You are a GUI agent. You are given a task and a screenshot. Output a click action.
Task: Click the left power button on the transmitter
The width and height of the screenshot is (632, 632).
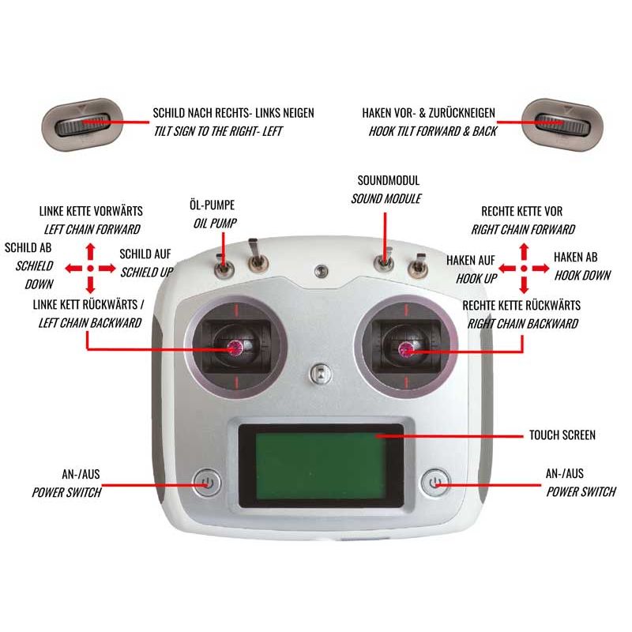[206, 481]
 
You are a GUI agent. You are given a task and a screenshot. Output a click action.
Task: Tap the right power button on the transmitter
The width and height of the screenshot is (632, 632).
[433, 481]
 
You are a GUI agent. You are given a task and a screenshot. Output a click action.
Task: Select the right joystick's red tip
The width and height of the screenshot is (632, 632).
[406, 348]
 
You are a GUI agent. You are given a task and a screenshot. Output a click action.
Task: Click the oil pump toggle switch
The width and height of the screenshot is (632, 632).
[224, 266]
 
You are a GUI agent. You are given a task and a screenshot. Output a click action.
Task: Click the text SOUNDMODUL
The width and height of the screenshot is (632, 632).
[388, 181]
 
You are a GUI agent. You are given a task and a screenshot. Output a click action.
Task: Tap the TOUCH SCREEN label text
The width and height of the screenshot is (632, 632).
[562, 435]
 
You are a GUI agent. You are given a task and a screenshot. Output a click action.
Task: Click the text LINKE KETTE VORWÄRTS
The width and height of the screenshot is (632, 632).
[91, 212]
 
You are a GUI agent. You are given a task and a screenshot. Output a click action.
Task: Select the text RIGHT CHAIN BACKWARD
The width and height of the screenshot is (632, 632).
[522, 323]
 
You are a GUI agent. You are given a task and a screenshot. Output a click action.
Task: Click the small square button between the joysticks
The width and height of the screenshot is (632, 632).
[318, 371]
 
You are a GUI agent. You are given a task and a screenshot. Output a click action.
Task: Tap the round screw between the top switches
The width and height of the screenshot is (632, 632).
[319, 271]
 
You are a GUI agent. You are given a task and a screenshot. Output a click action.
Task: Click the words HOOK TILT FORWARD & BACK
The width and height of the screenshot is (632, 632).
[433, 131]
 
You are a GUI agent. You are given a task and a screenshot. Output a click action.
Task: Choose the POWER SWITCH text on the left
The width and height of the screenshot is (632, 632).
[66, 492]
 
